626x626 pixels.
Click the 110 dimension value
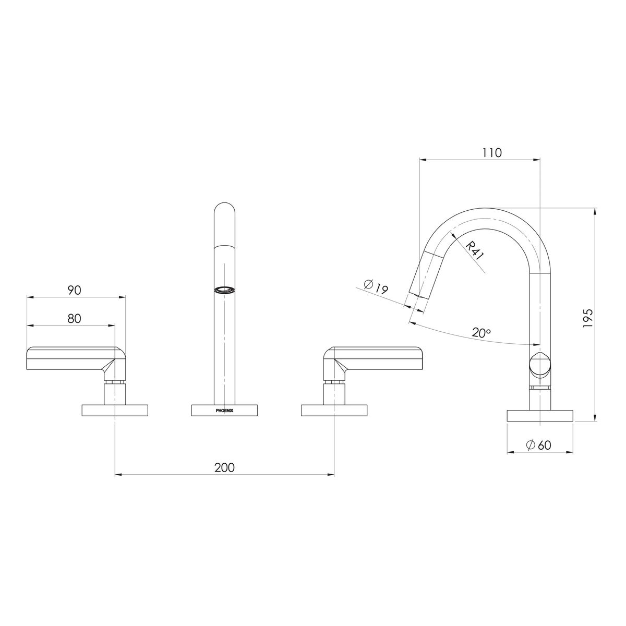491,153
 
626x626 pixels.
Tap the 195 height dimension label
588,318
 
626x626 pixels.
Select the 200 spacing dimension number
224,467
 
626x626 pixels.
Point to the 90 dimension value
75,290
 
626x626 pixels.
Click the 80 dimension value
75,318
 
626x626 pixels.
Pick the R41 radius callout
475,251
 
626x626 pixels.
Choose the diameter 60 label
538,445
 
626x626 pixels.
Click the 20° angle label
481,333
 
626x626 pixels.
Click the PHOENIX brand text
224,411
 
